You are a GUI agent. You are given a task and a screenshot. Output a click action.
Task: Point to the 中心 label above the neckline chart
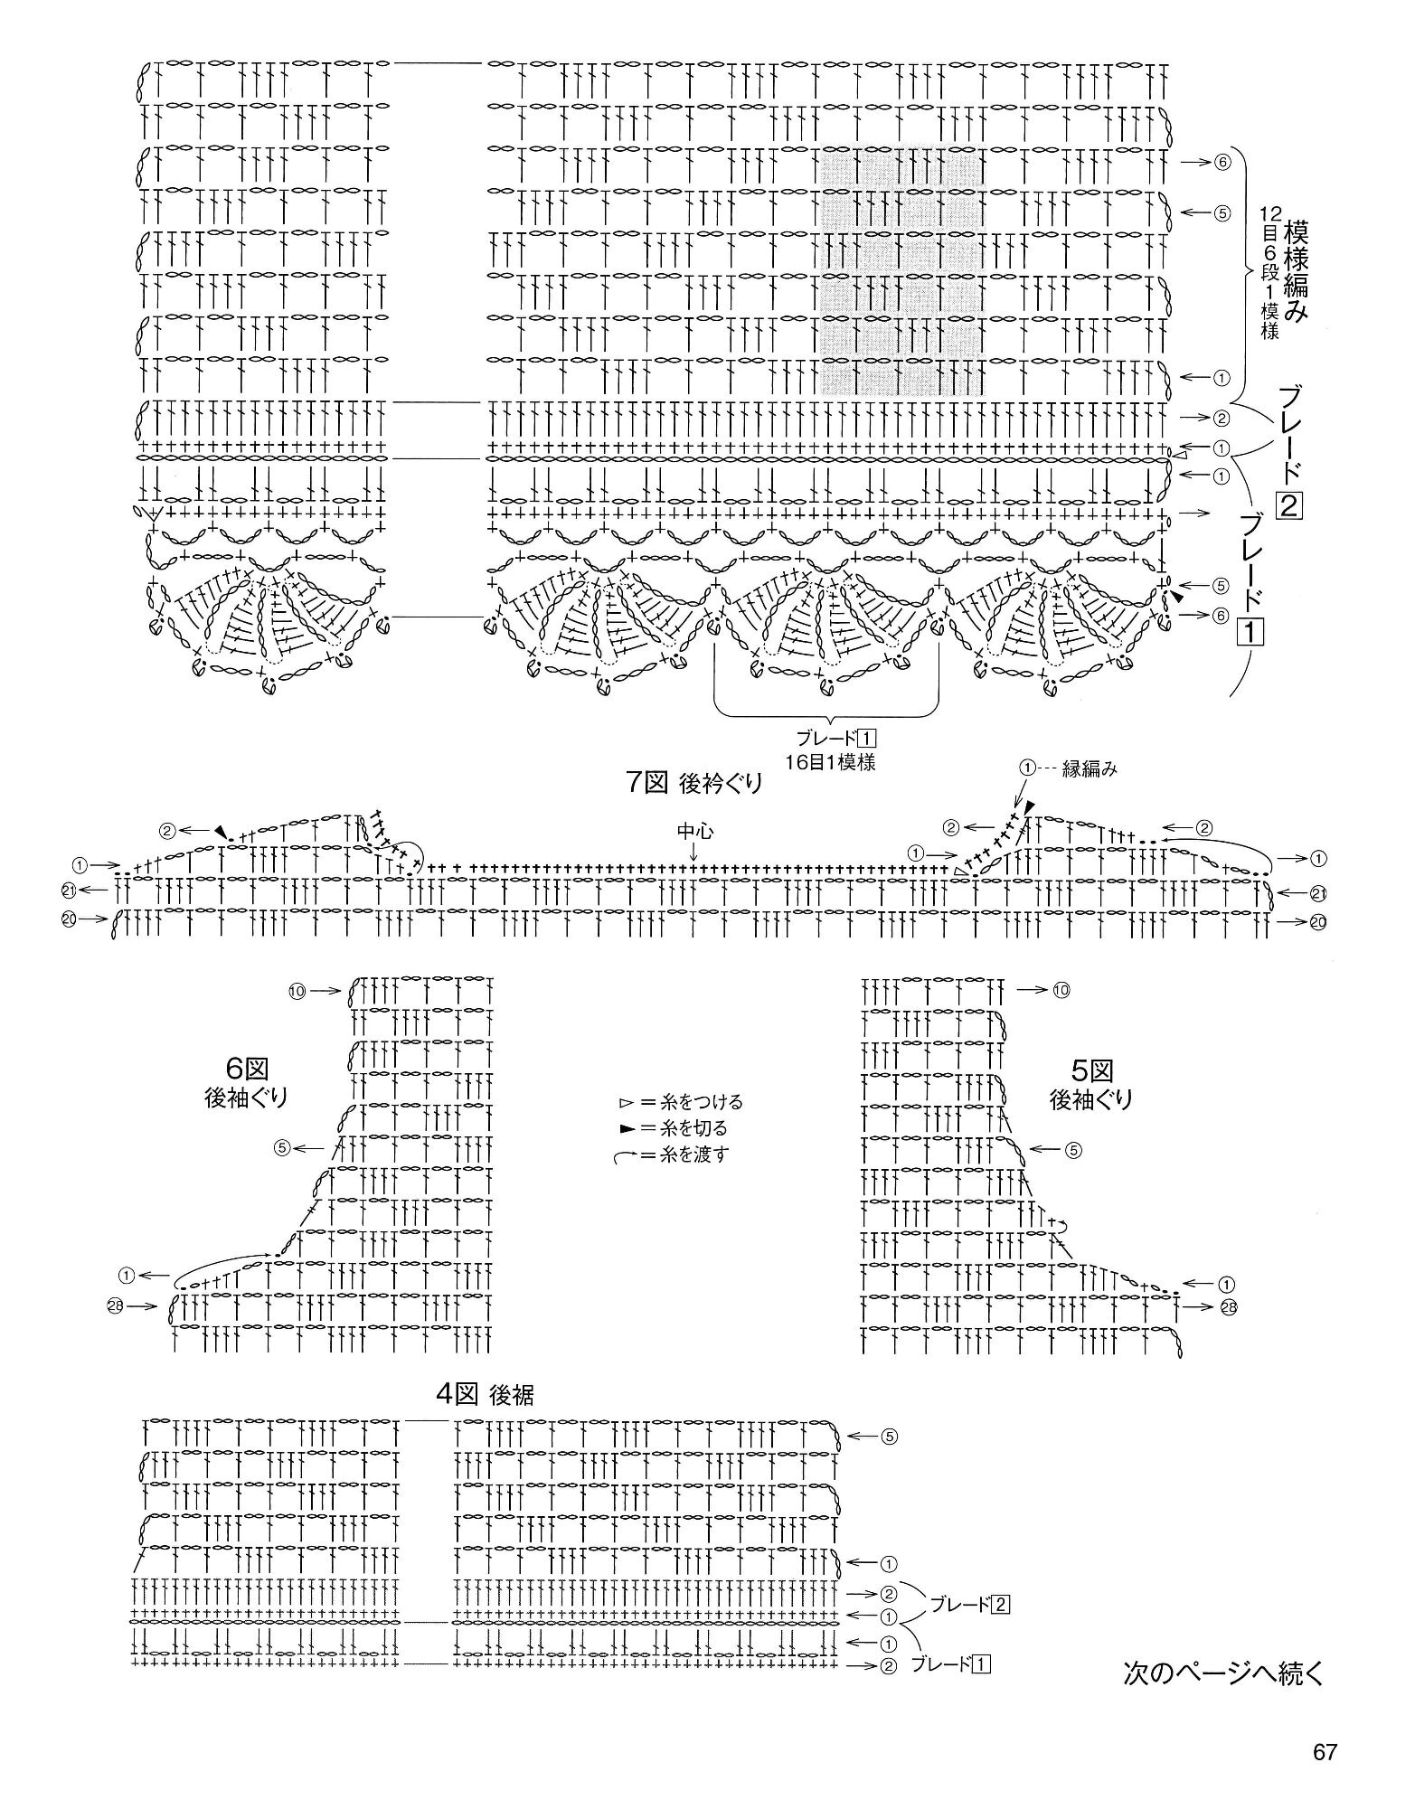tap(693, 828)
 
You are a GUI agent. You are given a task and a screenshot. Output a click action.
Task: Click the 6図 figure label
tap(246, 1070)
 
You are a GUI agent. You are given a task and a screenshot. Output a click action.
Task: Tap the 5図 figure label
tap(1090, 1071)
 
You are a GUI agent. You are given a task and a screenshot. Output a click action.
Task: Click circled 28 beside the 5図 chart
tap(1226, 1306)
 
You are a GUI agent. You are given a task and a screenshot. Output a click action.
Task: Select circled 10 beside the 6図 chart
tap(297, 991)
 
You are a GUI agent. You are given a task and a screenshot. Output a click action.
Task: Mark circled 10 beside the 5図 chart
tap(1061, 991)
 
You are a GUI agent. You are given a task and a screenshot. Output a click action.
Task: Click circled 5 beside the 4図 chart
tap(889, 1436)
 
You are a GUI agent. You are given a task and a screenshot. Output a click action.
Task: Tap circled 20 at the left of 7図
tap(68, 919)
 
